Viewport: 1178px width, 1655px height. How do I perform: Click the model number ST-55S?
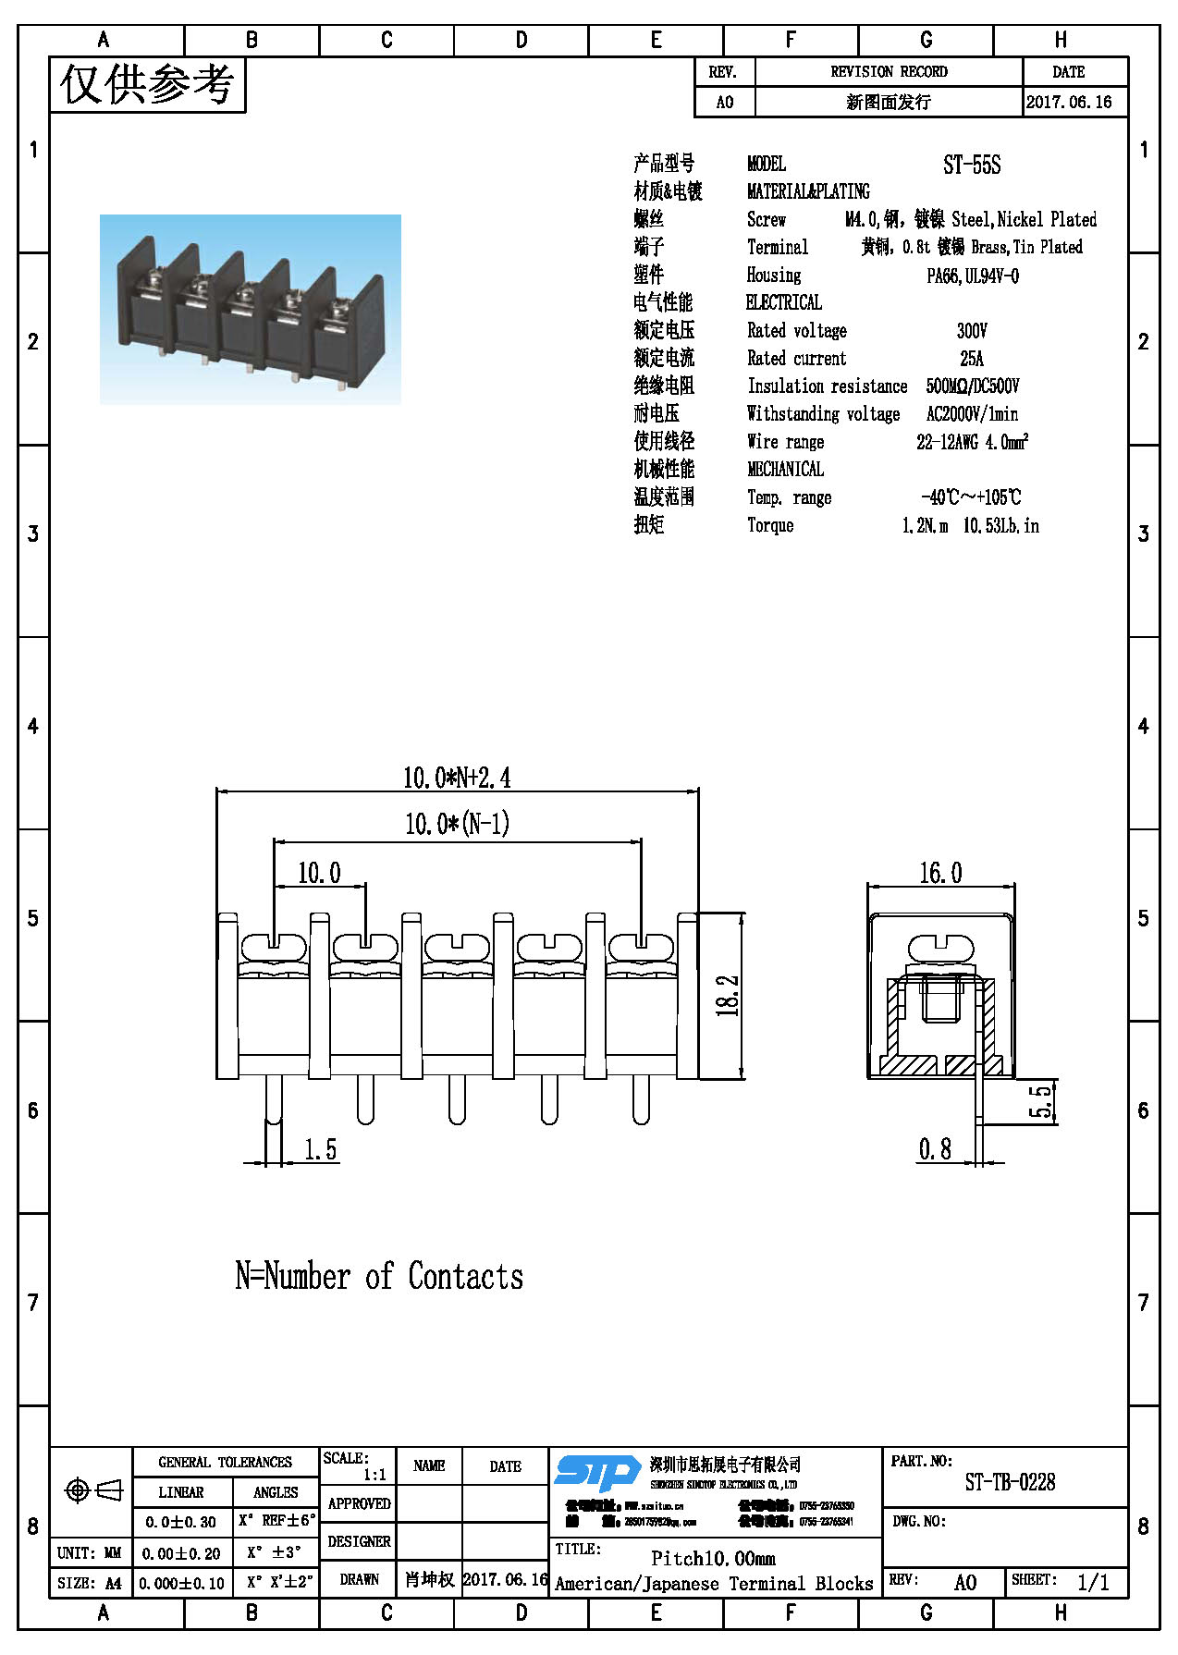pos(972,165)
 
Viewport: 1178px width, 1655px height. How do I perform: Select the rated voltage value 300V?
pos(972,331)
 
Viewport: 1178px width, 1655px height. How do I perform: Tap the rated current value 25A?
pos(972,359)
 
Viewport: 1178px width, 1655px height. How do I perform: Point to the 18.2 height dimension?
pos(728,996)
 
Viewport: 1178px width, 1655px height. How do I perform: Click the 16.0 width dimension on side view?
pos(939,873)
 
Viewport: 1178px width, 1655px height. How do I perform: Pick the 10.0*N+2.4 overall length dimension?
pos(457,778)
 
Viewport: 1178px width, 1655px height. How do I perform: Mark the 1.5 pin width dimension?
pos(321,1149)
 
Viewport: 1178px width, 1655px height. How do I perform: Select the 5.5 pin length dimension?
pos(1041,1101)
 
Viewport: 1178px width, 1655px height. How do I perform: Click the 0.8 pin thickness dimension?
pos(935,1149)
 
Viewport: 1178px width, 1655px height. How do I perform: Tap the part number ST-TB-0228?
pos(1010,1483)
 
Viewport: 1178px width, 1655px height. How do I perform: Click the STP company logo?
pos(597,1472)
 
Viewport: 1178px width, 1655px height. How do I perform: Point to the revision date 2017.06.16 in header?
pos(1069,102)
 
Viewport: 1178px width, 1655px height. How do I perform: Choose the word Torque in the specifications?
pos(770,525)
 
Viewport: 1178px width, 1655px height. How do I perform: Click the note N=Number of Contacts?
pos(379,1277)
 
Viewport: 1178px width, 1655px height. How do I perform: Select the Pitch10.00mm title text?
pos(713,1558)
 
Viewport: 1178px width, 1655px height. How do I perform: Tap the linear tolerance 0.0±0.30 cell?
pos(181,1522)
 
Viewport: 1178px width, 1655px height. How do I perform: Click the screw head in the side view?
pos(941,948)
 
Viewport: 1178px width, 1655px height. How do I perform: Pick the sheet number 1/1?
pos(1093,1582)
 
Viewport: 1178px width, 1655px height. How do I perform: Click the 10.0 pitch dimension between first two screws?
pos(319,873)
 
